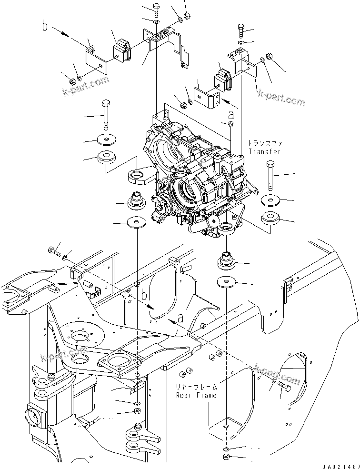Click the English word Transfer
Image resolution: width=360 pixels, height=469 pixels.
pos(264,151)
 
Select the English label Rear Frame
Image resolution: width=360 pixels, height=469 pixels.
pos(196,395)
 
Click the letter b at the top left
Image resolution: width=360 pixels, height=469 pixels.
pos(45,27)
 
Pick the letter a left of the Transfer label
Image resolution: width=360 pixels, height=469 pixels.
pos(231,114)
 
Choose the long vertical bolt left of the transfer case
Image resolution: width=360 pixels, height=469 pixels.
pos(105,114)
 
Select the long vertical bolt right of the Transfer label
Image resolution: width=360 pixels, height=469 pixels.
pos(270,176)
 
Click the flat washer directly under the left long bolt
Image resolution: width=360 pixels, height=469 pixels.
pos(107,140)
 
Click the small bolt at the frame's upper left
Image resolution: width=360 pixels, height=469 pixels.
pos(53,250)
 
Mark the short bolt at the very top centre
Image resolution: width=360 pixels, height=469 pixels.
pos(157,9)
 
